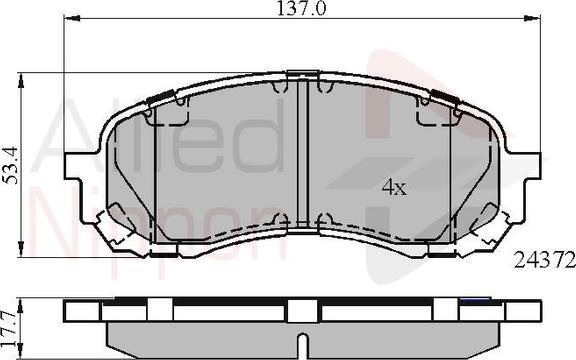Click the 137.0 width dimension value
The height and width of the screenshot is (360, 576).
tap(301, 8)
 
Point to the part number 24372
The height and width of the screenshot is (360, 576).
tap(544, 260)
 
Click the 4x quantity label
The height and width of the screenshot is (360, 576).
tap(394, 187)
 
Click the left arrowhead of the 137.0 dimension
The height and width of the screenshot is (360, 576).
tap(72, 18)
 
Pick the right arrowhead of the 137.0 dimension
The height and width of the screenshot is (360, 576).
tap(532, 18)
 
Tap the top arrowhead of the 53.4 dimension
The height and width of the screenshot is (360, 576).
tap(21, 80)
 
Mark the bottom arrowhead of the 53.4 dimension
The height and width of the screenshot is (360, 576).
tap(21, 249)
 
